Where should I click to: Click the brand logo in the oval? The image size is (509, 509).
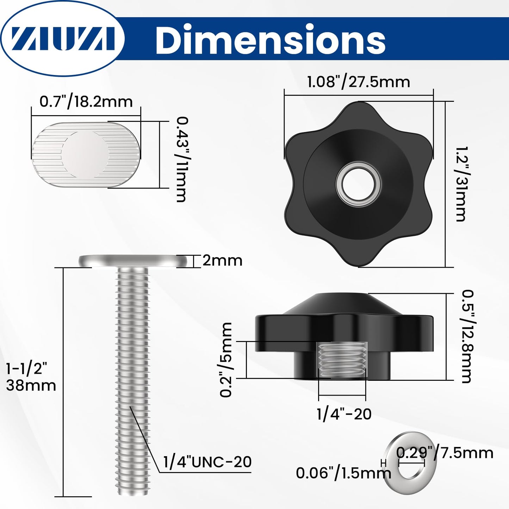pyautogui.click(x=63, y=38)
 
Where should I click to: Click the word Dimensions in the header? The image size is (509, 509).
pyautogui.click(x=270, y=40)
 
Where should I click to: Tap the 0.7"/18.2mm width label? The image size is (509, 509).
pyautogui.click(x=86, y=101)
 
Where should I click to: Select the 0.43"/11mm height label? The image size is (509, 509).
pyautogui.click(x=181, y=159)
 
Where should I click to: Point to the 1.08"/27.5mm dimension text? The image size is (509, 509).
pyautogui.click(x=359, y=82)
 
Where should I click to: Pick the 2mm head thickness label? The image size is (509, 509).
pyautogui.click(x=222, y=261)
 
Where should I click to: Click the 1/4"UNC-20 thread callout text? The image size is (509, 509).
pyautogui.click(x=207, y=462)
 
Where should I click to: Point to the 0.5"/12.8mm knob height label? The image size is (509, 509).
pyautogui.click(x=467, y=336)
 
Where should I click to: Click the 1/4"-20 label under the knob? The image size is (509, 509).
pyautogui.click(x=344, y=414)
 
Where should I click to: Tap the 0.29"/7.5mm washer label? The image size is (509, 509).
pyautogui.click(x=445, y=453)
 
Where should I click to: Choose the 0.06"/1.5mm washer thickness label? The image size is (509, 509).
pyautogui.click(x=343, y=473)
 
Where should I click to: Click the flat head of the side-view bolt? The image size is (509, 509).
pyautogui.click(x=133, y=261)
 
